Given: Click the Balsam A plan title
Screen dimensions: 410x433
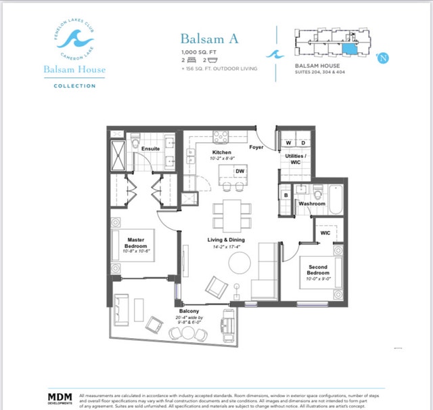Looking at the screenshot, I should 208,39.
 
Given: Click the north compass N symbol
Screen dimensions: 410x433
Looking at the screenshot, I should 384,58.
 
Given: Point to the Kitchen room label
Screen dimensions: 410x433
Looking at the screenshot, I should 223,152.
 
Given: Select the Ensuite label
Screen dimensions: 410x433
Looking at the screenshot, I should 150,148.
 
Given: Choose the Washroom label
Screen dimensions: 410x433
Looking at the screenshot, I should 312,203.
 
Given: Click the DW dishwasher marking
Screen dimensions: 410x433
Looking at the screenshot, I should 239,171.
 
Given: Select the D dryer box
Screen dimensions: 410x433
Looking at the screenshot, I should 302,143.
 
